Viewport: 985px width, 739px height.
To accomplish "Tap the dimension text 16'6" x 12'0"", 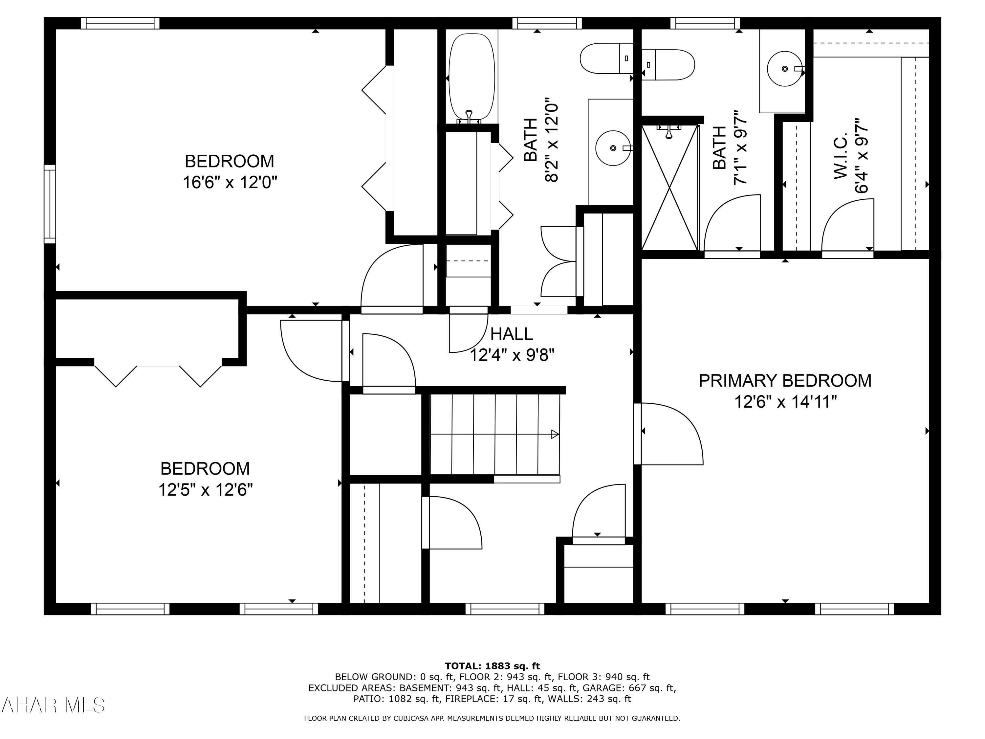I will [x=230, y=182].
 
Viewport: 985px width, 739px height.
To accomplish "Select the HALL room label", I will [x=511, y=334].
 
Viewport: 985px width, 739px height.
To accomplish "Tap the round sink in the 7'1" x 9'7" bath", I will [x=785, y=69].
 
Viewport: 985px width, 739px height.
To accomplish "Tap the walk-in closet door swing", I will [x=847, y=226].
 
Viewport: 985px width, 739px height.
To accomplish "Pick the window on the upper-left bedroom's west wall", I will [x=50, y=204].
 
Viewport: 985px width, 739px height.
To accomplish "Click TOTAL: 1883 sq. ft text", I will [x=492, y=666].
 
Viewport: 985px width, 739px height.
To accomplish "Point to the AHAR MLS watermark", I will [x=53, y=705].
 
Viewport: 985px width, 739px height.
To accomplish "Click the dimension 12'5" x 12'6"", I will [x=205, y=490].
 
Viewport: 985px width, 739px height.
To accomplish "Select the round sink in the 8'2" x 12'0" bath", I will [x=613, y=148].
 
